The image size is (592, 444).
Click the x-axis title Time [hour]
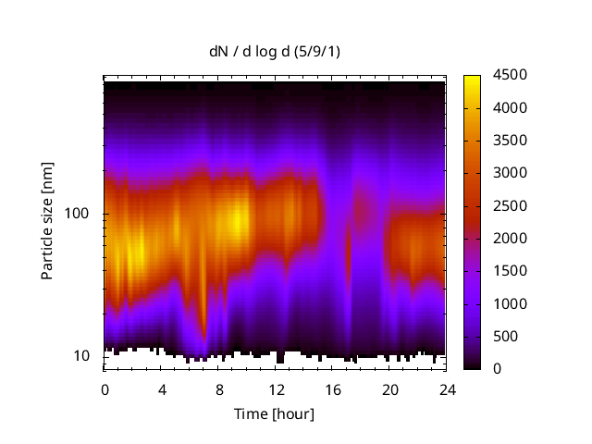click(x=274, y=413)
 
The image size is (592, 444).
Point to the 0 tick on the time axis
click(x=105, y=388)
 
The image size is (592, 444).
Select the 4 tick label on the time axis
click(x=162, y=388)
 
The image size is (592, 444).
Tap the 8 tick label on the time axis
click(x=219, y=388)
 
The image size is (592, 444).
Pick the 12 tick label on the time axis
click(x=276, y=388)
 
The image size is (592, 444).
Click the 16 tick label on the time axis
click(x=333, y=388)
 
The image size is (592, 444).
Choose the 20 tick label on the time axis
click(x=389, y=388)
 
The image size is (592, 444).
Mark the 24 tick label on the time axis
click(x=447, y=388)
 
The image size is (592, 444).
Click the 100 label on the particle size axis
click(x=79, y=214)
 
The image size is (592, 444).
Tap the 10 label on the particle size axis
click(x=82, y=356)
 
